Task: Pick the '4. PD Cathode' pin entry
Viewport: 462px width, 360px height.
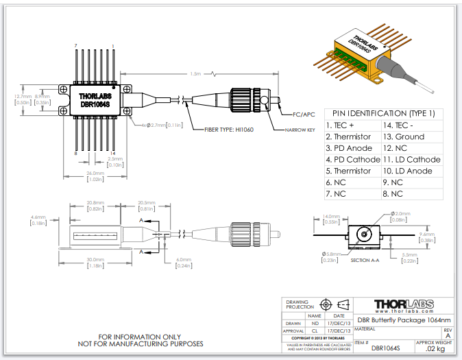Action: [352, 159]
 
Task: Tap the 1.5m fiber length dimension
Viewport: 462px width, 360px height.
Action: [195, 73]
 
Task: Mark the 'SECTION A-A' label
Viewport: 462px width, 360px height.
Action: [365, 261]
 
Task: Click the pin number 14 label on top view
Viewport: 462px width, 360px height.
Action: [112, 154]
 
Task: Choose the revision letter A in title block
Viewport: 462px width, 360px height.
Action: [448, 335]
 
